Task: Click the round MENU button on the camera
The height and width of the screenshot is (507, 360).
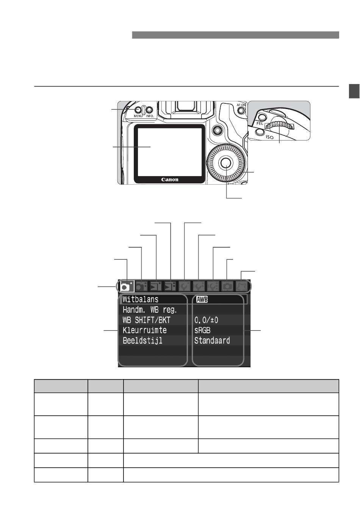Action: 138,110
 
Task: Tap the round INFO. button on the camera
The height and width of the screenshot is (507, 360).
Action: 149,110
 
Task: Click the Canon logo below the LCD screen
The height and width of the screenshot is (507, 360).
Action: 170,179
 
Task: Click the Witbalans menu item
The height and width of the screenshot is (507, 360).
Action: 141,299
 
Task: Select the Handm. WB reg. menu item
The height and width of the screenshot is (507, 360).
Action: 150,310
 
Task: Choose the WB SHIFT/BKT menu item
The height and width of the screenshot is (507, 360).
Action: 146,320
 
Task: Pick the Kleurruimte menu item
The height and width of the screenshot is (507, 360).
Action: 144,330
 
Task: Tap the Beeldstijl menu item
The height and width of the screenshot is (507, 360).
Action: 142,341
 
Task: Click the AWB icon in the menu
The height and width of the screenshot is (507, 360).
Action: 202,300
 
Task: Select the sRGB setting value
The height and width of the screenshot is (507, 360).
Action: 202,331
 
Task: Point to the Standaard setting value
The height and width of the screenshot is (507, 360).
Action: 212,340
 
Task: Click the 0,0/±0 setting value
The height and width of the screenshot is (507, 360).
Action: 206,320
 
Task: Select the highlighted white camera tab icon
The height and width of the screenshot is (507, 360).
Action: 127,286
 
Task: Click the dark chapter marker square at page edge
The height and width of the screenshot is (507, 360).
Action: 354,91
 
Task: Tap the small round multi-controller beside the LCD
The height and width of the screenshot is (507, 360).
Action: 217,130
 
